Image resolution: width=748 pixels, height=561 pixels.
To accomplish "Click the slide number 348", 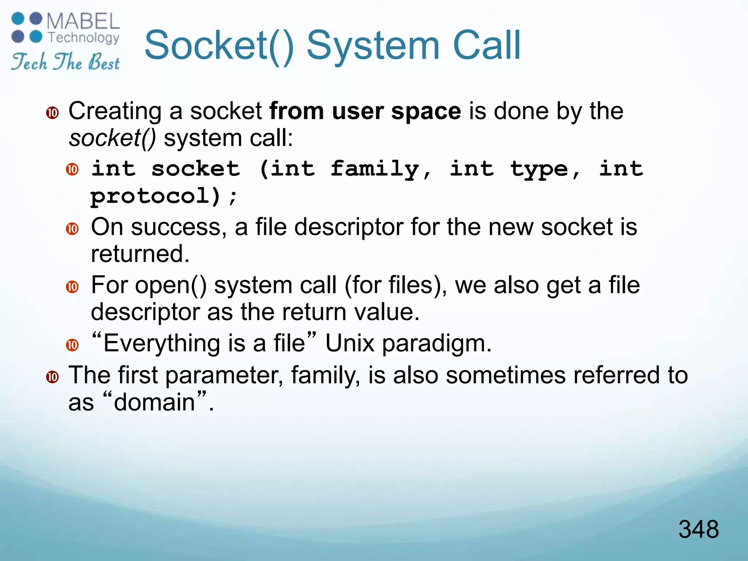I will [698, 529].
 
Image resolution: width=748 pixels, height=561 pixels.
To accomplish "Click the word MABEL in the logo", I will [83, 22].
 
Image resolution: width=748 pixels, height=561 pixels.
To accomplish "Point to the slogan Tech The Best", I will [65, 61].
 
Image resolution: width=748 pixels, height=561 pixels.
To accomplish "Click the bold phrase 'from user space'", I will [365, 111].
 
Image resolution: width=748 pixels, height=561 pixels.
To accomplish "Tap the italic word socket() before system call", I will [112, 139].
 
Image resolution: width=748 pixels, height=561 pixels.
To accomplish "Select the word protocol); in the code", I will [164, 196].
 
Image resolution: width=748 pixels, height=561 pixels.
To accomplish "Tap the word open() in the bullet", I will [171, 285].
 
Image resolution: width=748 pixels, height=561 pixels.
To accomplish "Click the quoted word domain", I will [154, 402].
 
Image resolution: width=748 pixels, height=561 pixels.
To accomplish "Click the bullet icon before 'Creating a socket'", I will [53, 113].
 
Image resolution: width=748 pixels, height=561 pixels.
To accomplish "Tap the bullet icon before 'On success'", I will [72, 229].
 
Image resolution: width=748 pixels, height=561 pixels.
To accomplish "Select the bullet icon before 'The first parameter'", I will [53, 377].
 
